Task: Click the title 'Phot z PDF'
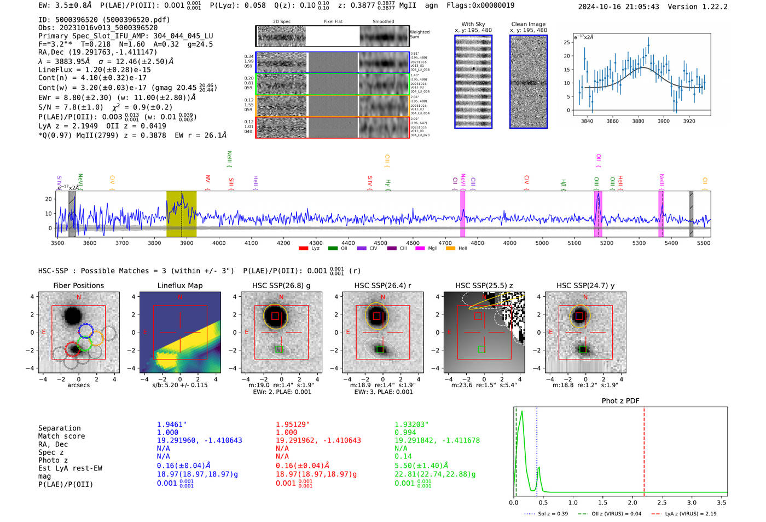click(620, 401)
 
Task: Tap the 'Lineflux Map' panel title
click(179, 285)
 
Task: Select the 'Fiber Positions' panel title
click(78, 285)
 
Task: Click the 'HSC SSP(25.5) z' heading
click(484, 285)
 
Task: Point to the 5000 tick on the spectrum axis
click(542, 243)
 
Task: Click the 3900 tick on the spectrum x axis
click(187, 243)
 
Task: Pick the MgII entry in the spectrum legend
click(433, 249)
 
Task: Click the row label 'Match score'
click(61, 437)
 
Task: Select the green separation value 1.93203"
click(411, 425)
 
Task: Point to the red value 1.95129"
click(293, 425)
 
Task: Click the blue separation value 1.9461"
click(172, 425)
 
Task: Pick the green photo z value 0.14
click(403, 456)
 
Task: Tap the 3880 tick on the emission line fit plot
click(638, 121)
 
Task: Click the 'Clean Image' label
click(528, 24)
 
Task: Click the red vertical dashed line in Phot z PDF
click(644, 449)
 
